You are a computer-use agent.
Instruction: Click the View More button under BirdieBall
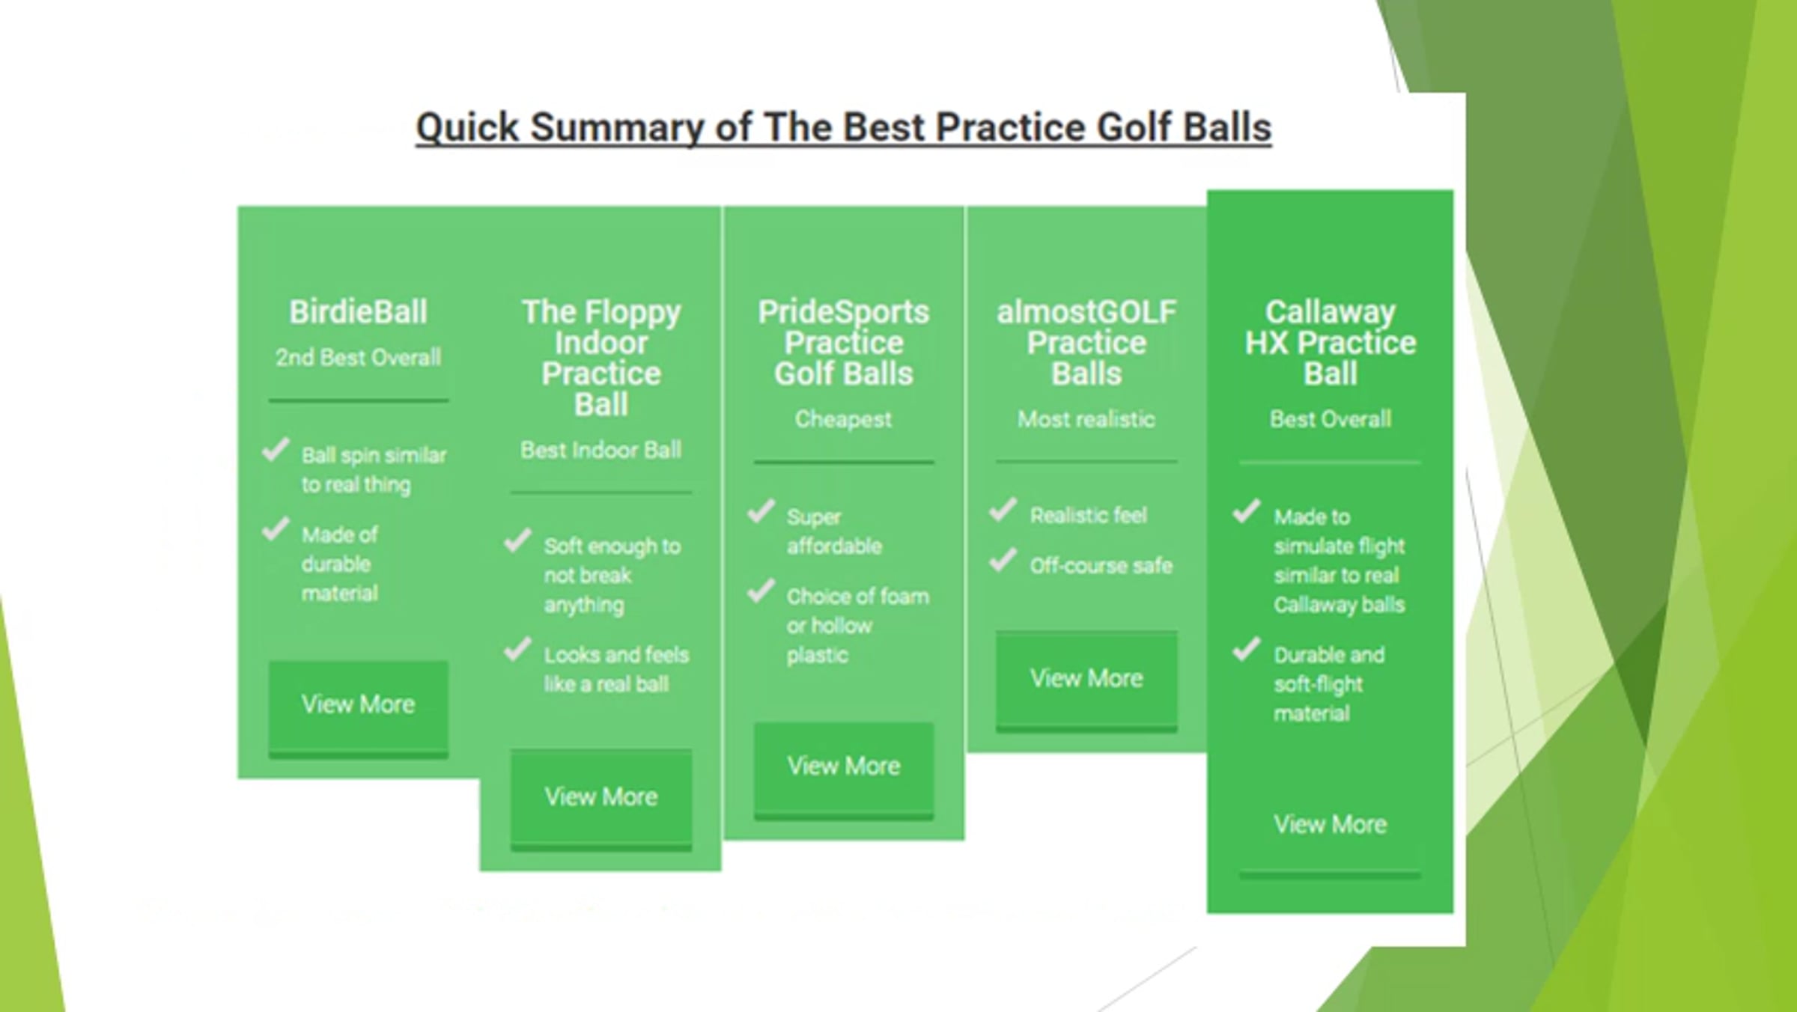[x=359, y=708]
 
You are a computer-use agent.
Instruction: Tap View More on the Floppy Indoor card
[x=601, y=799]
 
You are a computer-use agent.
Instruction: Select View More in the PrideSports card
[x=844, y=769]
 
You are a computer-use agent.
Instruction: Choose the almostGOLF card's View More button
[x=1086, y=680]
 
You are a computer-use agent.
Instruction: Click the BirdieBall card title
[x=359, y=312]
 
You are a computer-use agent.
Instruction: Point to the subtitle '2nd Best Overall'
[x=359, y=358]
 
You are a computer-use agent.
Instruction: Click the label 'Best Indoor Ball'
[x=601, y=450]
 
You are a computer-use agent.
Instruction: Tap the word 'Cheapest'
[x=844, y=419]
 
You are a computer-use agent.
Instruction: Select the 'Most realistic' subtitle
[x=1086, y=419]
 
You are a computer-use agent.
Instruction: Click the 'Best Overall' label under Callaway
[x=1331, y=419]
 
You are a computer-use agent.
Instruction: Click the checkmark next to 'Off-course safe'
[x=1003, y=560]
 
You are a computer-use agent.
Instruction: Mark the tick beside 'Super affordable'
[x=761, y=512]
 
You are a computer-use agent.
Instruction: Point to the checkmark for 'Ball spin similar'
[x=276, y=450]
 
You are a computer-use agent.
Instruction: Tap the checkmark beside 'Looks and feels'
[x=518, y=649]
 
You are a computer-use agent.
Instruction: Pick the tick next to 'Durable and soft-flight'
[x=1247, y=649]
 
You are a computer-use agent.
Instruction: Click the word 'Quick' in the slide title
[x=467, y=128]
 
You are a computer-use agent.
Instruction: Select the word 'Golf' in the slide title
[x=1134, y=127]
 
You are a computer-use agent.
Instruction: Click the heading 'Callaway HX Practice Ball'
[x=1331, y=343]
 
